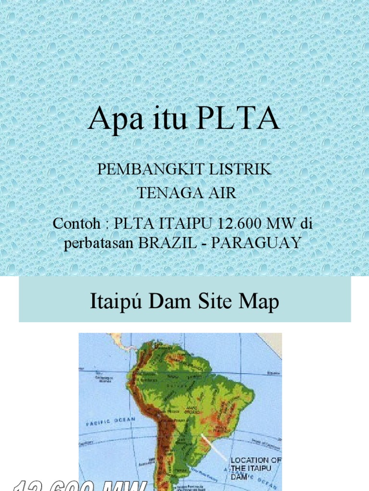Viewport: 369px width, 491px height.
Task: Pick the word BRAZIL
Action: coord(168,243)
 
